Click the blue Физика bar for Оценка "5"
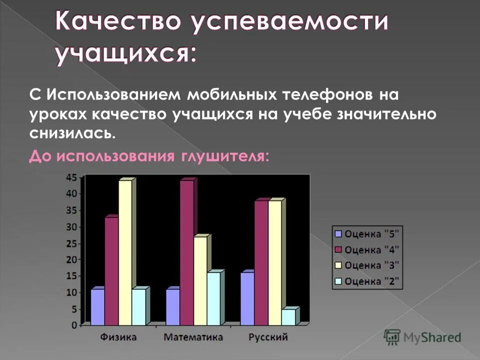[97, 306]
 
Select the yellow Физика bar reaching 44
[125, 252]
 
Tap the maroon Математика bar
[186, 252]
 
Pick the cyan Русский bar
[288, 317]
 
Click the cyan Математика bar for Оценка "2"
[213, 298]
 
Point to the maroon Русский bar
[261, 262]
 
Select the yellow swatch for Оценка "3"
[338, 265]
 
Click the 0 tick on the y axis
[74, 325]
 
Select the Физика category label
[118, 337]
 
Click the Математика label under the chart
[193, 337]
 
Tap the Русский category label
[268, 337]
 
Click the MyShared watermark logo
[422, 336]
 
